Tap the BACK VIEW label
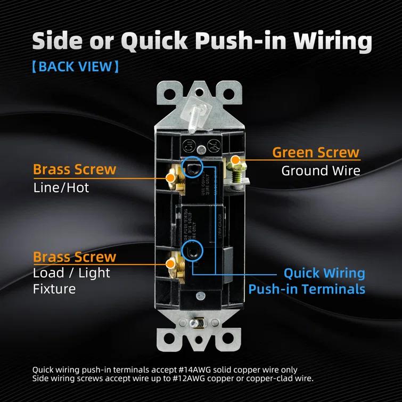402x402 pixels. [x=75, y=67]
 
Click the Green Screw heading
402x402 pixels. [x=316, y=152]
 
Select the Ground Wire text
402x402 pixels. [x=321, y=171]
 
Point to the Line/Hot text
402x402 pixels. [x=61, y=187]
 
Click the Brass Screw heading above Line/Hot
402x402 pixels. [x=74, y=169]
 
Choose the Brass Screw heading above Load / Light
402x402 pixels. [x=74, y=257]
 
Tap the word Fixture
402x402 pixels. [x=54, y=289]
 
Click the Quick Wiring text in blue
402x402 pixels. [x=324, y=273]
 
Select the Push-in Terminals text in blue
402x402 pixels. [x=307, y=289]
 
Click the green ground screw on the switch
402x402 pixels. [x=234, y=168]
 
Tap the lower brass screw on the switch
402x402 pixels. [x=173, y=264]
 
